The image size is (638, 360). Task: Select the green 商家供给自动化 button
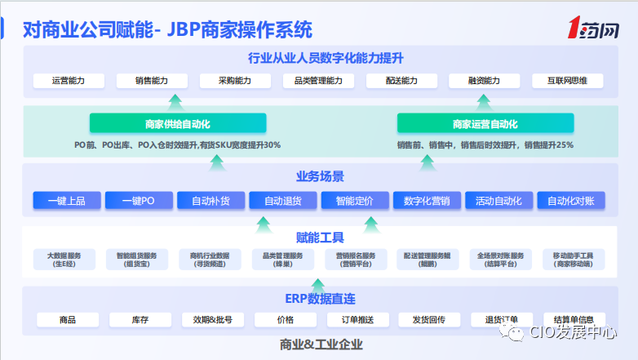178,124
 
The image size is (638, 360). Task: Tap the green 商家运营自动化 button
485,124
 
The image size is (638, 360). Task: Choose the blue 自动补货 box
210,201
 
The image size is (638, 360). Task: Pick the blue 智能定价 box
354,201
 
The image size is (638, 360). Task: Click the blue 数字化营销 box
427,201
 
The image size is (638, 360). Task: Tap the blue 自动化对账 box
570,201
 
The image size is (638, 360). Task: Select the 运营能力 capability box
69,81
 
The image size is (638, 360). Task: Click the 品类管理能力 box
318,81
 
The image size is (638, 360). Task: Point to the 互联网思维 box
567,81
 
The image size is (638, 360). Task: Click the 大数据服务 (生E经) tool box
64,260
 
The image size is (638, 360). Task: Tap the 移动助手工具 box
573,260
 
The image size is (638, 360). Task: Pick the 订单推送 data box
356,319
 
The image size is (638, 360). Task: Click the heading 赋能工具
320,238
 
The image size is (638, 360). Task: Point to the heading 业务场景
320,176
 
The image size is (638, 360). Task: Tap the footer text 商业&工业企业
320,344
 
